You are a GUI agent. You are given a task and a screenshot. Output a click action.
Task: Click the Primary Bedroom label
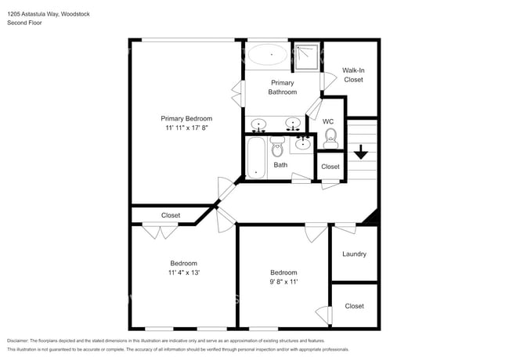[186, 118]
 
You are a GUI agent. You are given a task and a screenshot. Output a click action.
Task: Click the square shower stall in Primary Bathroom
[308, 56]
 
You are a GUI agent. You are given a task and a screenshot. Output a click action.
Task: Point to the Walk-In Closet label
[353, 75]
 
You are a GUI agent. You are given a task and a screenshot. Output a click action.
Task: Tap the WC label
[329, 121]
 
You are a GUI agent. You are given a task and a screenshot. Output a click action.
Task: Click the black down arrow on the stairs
[360, 152]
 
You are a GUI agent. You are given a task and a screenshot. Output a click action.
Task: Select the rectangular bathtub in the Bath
[256, 156]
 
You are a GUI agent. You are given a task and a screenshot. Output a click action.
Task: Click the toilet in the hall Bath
[277, 148]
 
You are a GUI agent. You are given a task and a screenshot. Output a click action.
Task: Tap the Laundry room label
[354, 254]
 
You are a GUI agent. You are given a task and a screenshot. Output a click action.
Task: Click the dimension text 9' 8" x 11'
[283, 281]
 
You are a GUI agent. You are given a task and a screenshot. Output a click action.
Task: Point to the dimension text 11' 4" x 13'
[183, 272]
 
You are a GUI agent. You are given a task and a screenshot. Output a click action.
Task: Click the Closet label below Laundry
[354, 306]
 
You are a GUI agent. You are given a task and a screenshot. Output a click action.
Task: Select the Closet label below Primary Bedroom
[170, 215]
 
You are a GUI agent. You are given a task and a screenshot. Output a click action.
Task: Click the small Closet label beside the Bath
[330, 167]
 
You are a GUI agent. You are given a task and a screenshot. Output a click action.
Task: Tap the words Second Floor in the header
[25, 23]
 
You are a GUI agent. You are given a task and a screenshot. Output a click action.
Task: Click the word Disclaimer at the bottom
[21, 340]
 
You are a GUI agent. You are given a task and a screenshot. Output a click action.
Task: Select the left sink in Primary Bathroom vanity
[258, 123]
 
